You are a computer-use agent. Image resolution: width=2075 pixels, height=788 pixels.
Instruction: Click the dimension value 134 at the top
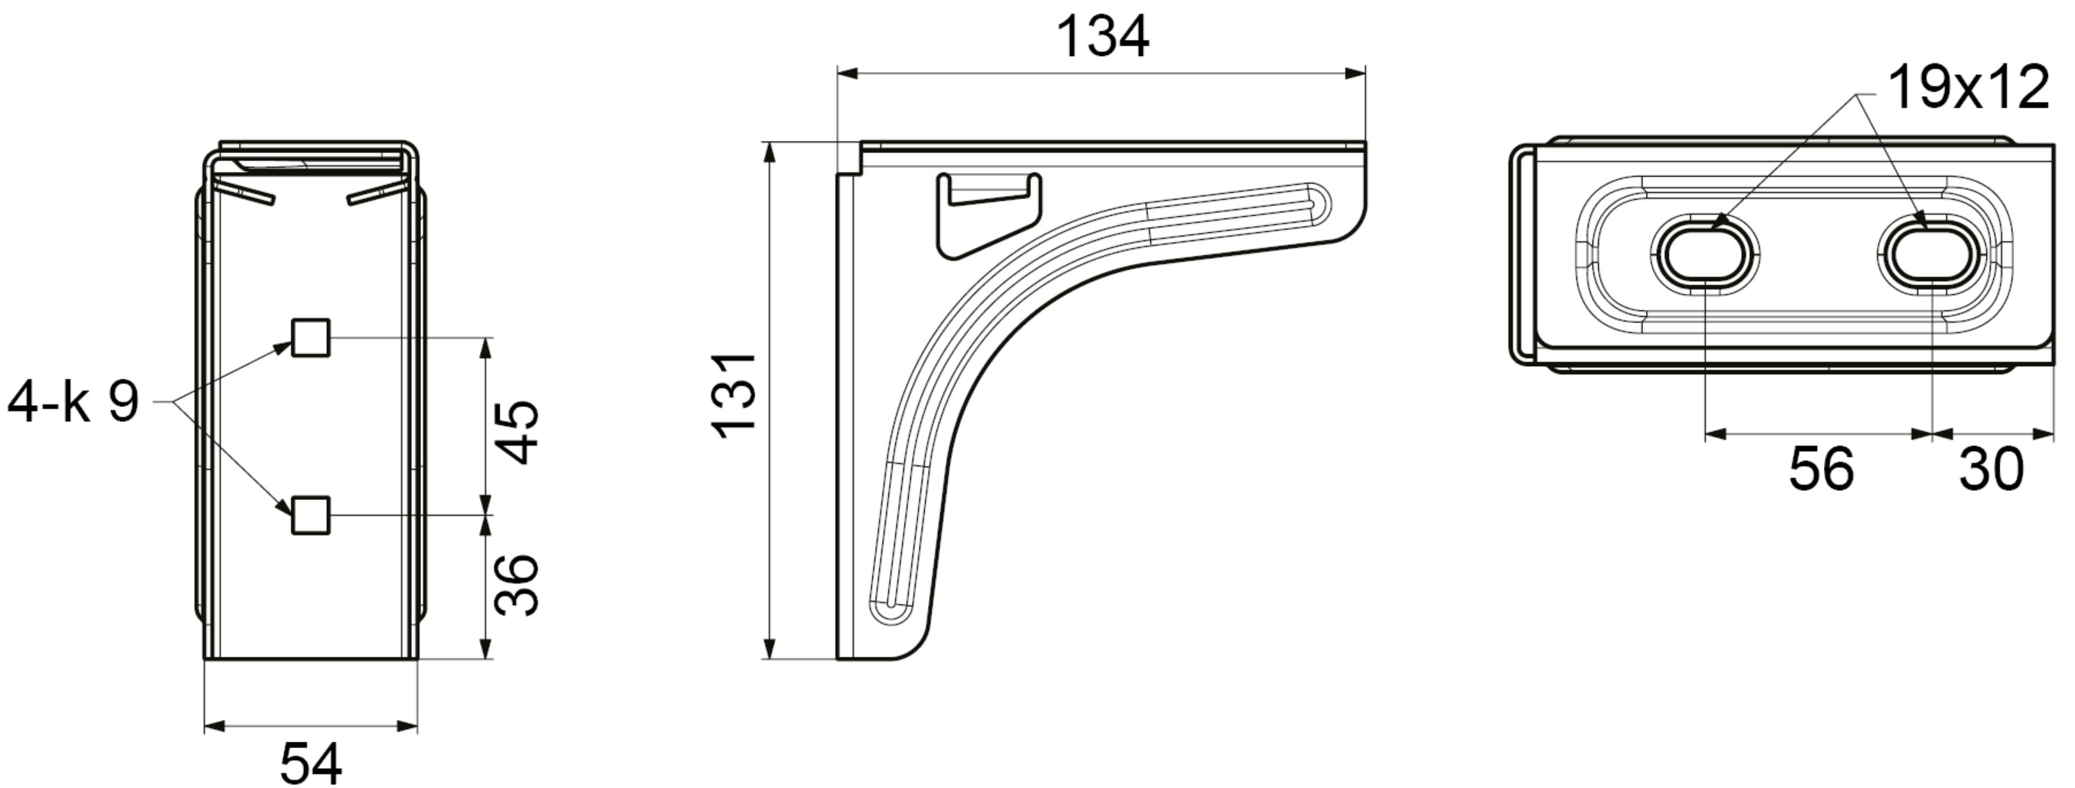[1101, 38]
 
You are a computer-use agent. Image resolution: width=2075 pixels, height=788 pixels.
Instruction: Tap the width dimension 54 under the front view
[311, 763]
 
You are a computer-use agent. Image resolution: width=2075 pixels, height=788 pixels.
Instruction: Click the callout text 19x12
[1968, 89]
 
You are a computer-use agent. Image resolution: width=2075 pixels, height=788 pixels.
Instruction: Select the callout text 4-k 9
[73, 402]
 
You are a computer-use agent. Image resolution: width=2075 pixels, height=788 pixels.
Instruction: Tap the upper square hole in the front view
[310, 338]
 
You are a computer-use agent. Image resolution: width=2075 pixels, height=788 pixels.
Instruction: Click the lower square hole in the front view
[310, 515]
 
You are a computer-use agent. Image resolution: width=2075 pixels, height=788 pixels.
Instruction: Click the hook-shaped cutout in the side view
[988, 214]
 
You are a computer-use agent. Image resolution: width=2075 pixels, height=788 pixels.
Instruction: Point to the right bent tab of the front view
[376, 194]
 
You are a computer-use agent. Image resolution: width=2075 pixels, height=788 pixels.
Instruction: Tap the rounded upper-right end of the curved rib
[1318, 200]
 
